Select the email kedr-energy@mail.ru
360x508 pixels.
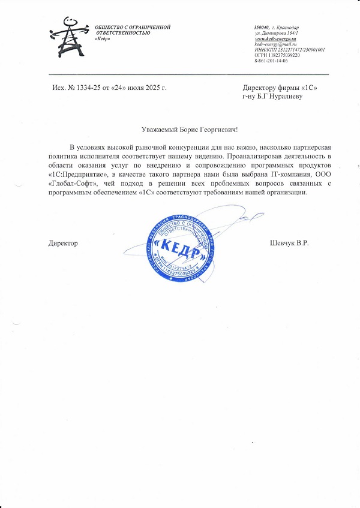(275, 44)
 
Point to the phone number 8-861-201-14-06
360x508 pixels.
(271, 61)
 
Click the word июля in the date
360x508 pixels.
(135, 88)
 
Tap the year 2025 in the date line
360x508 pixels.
(154, 88)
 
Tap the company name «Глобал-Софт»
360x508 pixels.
(71, 184)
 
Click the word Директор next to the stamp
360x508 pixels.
(63, 243)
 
